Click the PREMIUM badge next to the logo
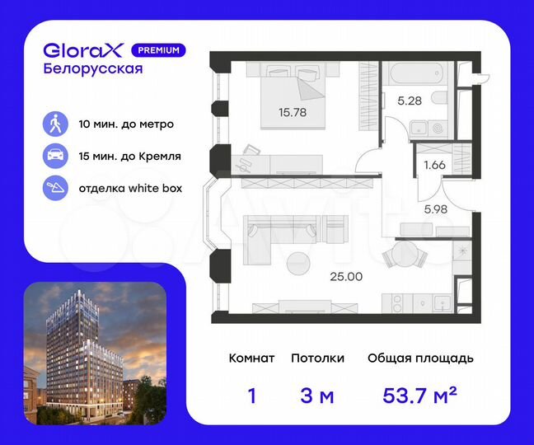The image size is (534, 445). (x=158, y=49)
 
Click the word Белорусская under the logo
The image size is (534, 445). (x=92, y=69)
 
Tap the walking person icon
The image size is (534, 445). (x=55, y=124)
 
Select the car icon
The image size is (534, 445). (x=55, y=156)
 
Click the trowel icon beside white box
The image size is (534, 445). (x=55, y=187)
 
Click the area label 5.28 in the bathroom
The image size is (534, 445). (x=410, y=102)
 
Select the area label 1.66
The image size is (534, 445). (x=433, y=165)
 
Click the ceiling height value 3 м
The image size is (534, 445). (x=316, y=396)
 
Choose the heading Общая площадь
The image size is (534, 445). (x=419, y=358)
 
